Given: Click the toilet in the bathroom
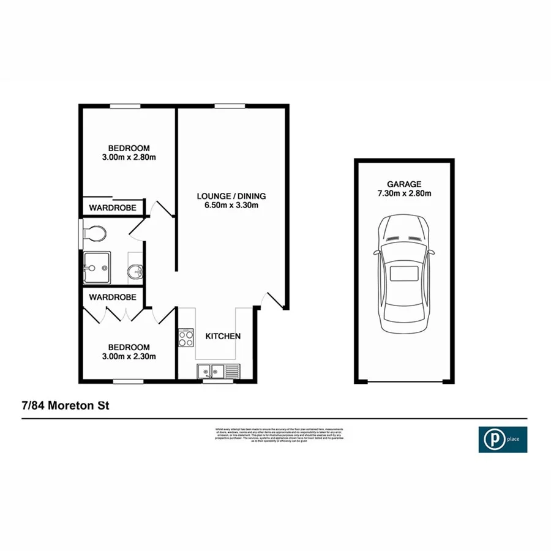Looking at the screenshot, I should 94,233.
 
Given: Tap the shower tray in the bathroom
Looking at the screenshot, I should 97,267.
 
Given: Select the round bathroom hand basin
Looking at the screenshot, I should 135,270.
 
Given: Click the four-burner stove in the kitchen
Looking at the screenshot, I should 186,337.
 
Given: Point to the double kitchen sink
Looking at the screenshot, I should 212,370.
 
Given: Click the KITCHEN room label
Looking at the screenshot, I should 222,336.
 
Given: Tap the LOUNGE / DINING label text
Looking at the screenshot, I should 231,196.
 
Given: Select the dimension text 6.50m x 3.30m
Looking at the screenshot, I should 231,205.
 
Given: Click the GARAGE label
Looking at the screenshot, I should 404,184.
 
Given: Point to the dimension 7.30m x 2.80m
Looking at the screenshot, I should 404,193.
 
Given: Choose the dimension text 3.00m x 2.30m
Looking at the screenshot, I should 129,356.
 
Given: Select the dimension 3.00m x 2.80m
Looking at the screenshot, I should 129,157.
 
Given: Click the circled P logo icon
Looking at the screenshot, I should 491,439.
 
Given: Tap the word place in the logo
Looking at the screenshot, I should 512,439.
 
